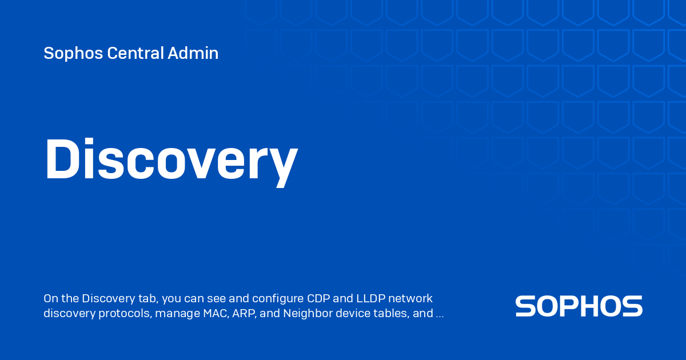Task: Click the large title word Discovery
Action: click(170, 160)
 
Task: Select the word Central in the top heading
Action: click(135, 54)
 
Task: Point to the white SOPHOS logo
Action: click(579, 306)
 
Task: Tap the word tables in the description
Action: click(392, 313)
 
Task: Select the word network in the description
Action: click(413, 299)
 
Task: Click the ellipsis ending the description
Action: click(440, 314)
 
